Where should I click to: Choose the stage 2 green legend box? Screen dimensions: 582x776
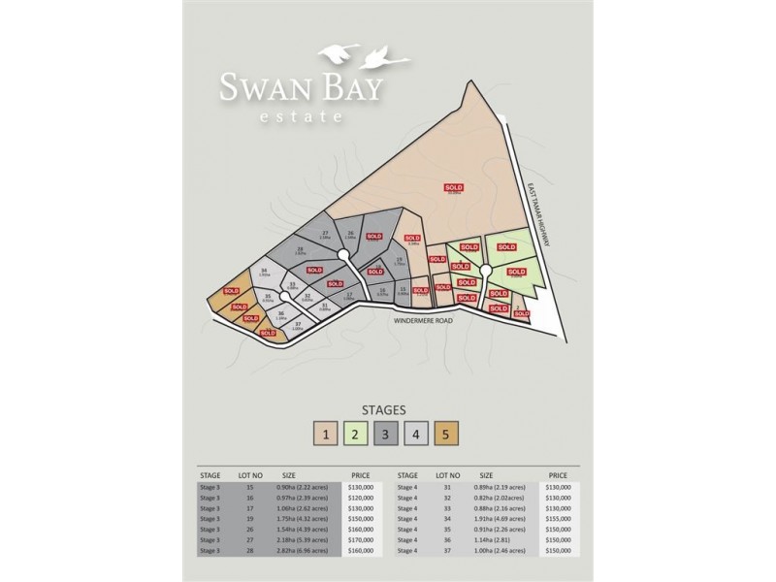pos(356,433)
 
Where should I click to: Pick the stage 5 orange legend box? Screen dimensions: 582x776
pos(446,433)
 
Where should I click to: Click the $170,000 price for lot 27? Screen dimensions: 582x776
pos(360,539)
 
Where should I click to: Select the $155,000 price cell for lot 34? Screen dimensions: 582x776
pos(557,519)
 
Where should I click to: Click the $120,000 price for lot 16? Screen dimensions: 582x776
pos(360,498)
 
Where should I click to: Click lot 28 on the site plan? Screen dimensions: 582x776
pos(287,250)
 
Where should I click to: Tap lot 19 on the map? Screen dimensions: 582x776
pos(400,261)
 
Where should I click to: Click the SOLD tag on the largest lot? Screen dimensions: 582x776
pos(453,186)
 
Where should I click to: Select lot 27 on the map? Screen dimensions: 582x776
pos(326,233)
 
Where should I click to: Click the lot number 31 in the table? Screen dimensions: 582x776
pos(447,487)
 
